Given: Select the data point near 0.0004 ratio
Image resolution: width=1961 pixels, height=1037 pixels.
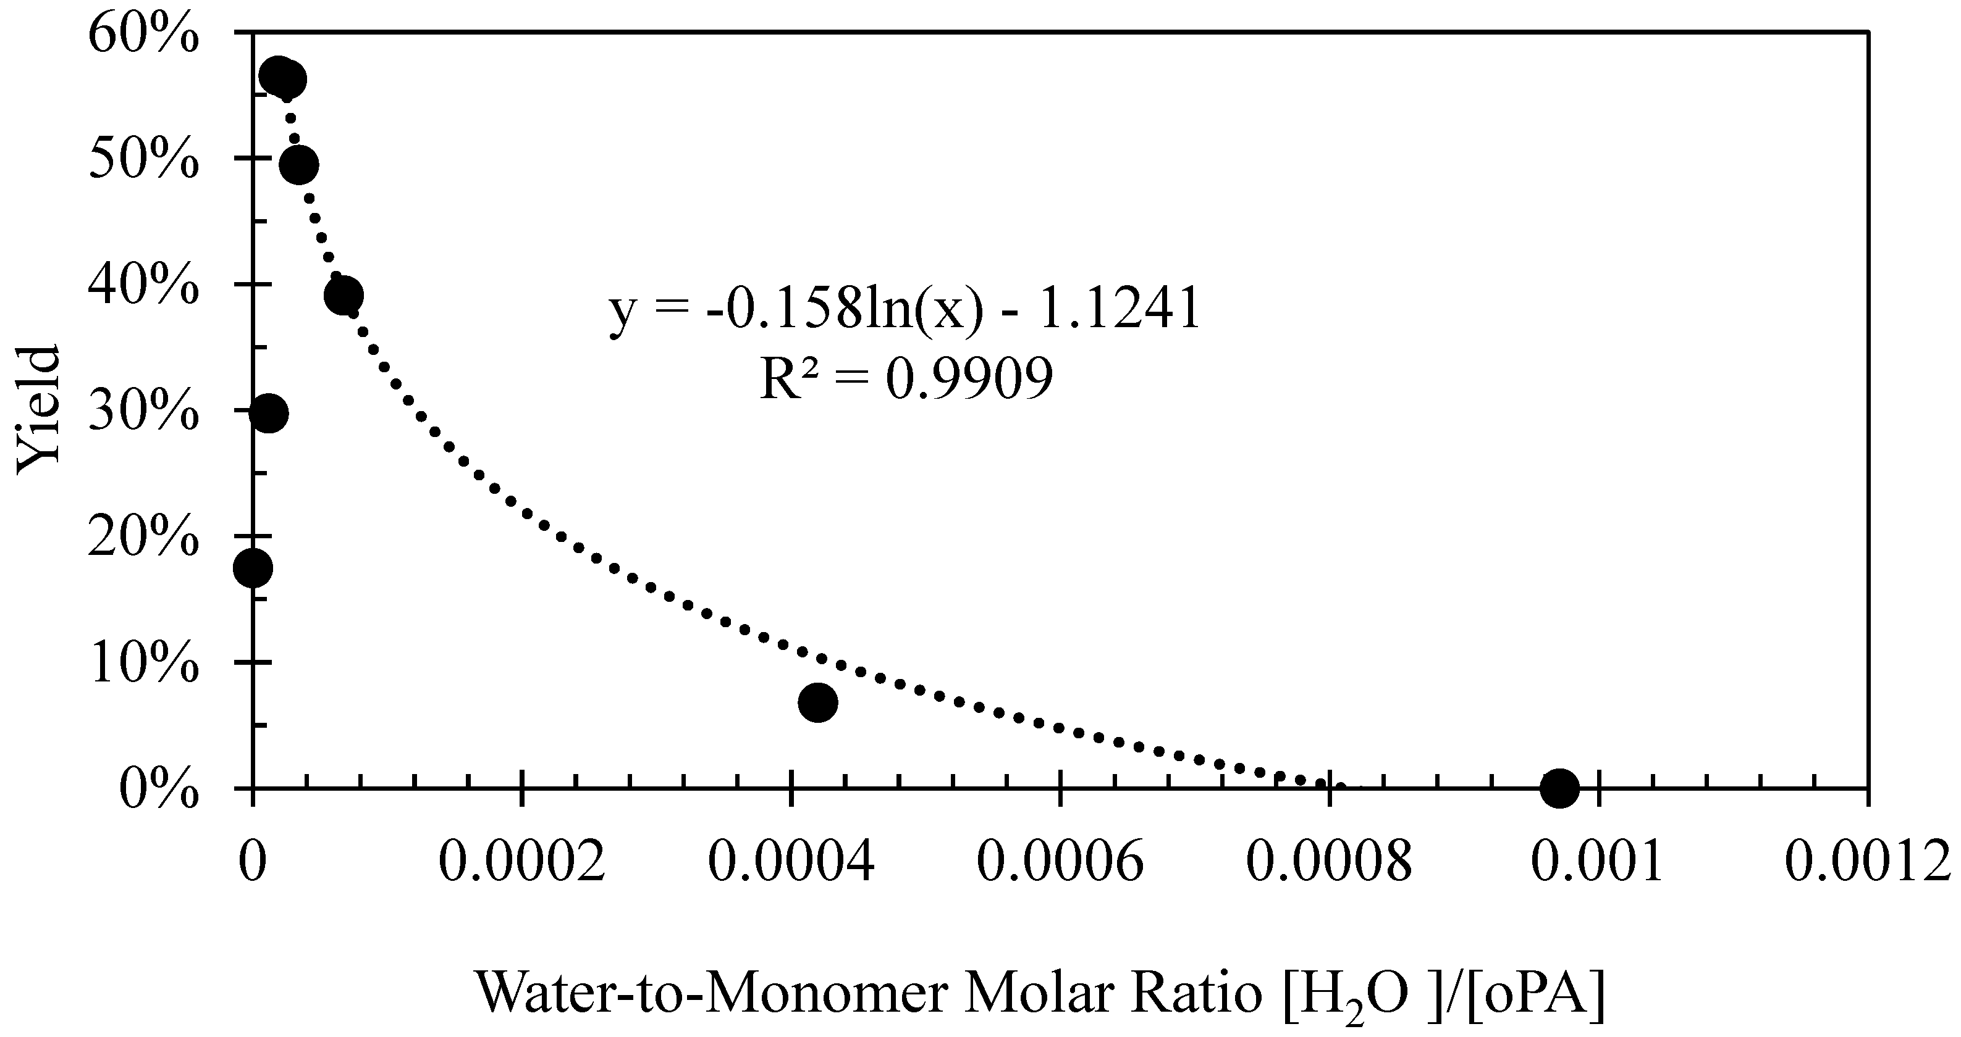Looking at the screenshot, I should click(x=817, y=701).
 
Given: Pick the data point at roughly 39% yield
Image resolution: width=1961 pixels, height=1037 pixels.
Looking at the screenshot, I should click(x=342, y=295).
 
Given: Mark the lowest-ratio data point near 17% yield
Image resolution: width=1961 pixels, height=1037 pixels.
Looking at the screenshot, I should click(x=253, y=568).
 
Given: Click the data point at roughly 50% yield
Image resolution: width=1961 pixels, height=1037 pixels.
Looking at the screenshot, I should click(x=299, y=164).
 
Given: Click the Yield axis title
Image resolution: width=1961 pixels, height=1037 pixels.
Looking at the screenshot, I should click(x=38, y=409).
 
